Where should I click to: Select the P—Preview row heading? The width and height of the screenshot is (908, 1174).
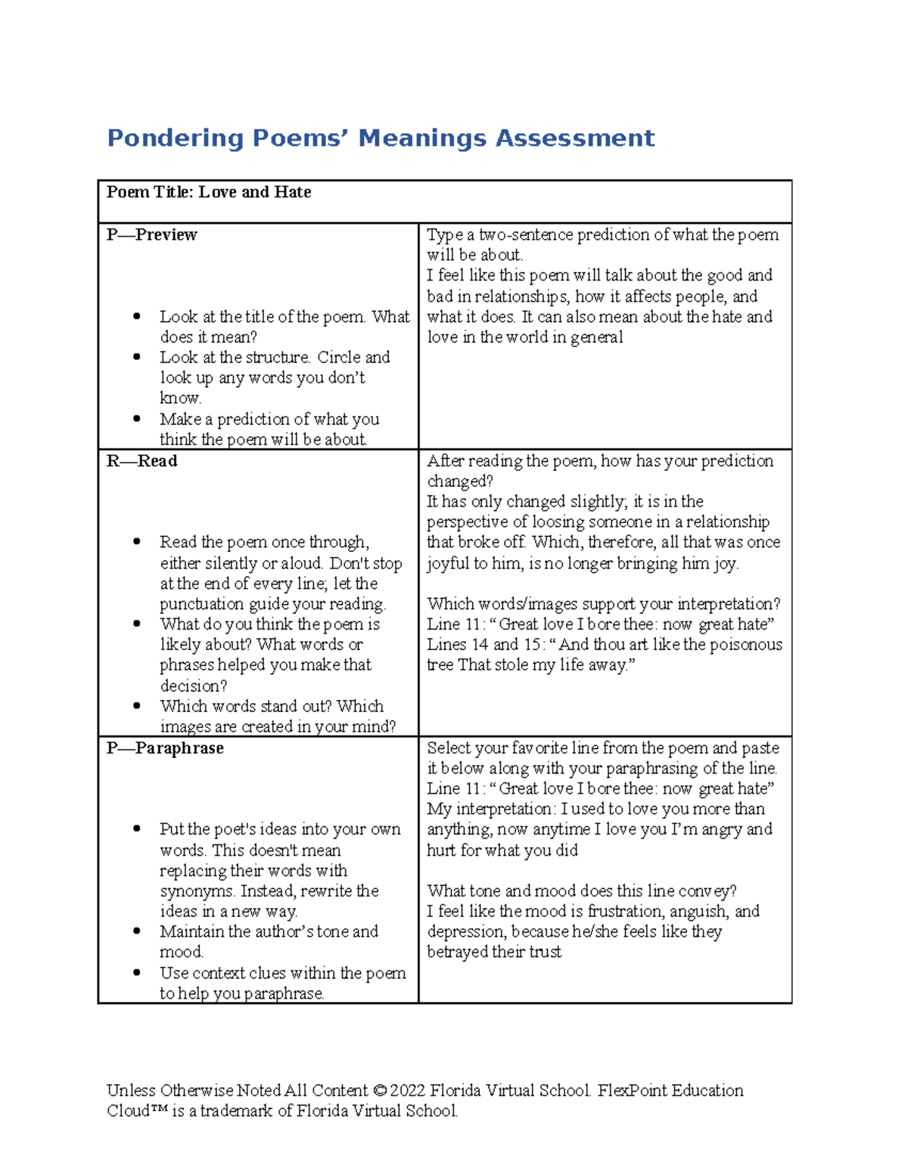(151, 235)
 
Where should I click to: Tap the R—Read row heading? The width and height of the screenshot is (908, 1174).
(141, 461)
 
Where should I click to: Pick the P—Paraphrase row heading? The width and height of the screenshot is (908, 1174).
(165, 748)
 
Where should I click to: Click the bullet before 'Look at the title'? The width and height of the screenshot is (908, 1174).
(137, 317)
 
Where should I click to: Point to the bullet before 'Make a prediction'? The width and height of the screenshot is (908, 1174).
(137, 419)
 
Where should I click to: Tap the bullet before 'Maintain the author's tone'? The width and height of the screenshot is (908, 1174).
(137, 931)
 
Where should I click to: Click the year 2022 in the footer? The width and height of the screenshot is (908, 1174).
(408, 1091)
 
